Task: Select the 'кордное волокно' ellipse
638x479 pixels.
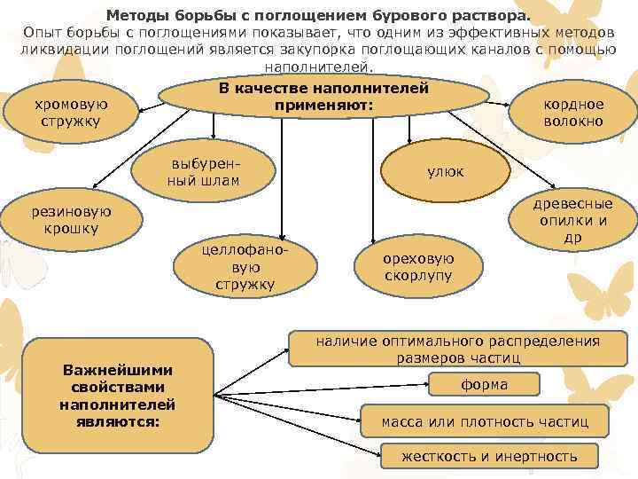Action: tap(573, 113)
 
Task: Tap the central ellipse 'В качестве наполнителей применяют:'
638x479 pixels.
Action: tap(323, 98)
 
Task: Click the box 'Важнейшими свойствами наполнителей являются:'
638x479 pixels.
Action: tap(117, 395)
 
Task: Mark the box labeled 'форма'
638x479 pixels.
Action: tap(484, 385)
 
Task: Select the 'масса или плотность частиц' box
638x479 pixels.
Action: tap(484, 420)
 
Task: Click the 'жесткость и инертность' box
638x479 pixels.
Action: tap(489, 457)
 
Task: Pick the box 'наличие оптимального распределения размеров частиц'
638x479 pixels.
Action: tap(458, 349)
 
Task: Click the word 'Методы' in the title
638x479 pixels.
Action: tap(136, 15)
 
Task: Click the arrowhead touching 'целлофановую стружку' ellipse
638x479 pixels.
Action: tap(281, 236)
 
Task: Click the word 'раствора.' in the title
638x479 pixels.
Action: tap(496, 15)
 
